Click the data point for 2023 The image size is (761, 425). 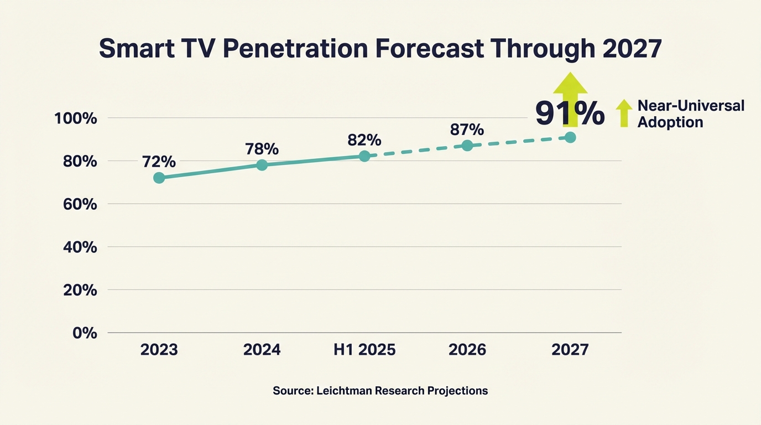(159, 178)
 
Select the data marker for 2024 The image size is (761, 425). (262, 165)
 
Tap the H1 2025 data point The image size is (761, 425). (364, 156)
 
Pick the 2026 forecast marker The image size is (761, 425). (467, 146)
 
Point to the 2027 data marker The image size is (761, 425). (570, 137)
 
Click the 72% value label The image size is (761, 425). (159, 162)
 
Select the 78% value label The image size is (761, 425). (262, 149)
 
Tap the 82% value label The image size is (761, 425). (364, 139)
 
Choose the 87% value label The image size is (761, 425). (467, 129)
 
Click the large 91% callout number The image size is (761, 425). (570, 113)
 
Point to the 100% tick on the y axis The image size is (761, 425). (76, 118)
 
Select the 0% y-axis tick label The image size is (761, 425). (84, 333)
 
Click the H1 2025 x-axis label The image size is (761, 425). (364, 350)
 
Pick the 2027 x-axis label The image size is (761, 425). (570, 350)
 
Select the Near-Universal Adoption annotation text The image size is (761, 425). (691, 114)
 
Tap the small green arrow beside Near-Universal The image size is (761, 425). (624, 113)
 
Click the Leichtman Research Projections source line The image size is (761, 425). (380, 391)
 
